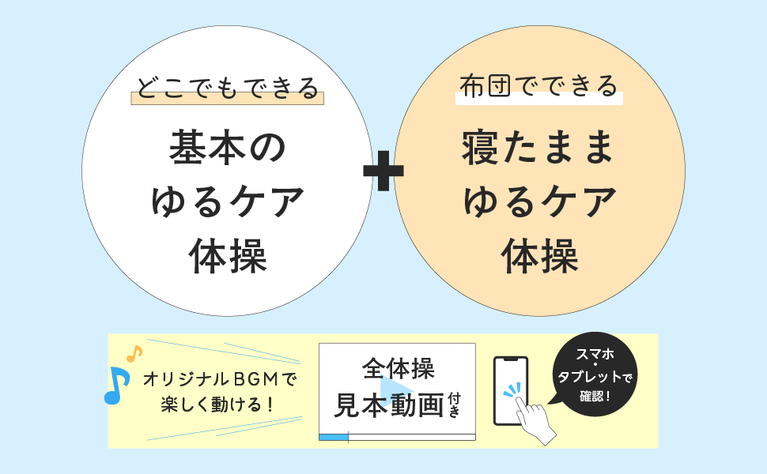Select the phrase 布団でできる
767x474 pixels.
coord(538,85)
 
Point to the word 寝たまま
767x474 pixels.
coord(538,147)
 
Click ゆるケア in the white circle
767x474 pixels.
coord(227,202)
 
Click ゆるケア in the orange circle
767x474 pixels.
coord(539,202)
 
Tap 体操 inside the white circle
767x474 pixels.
coord(227,257)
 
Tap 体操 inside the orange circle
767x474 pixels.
coord(539,257)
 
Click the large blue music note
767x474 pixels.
coord(116,386)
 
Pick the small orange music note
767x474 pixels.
coord(134,354)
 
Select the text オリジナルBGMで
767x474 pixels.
coord(219,380)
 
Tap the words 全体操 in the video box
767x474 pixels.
coord(398,369)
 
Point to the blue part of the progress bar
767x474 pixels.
coord(333,437)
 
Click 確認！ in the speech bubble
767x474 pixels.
coord(595,395)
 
